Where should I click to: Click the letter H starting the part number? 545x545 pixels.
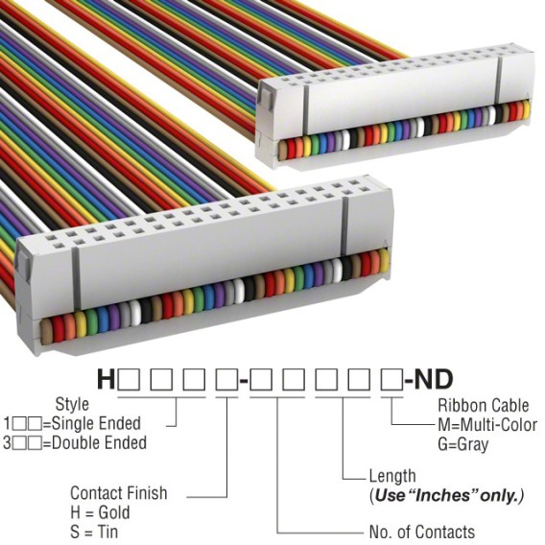(106, 380)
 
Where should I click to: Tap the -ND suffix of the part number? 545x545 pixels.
(429, 380)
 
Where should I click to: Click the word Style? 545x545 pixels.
(72, 404)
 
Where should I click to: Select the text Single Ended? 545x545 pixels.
(96, 424)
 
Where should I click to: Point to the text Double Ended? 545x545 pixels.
(99, 443)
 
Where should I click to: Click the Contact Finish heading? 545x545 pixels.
(119, 493)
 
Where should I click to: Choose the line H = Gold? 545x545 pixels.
(100, 512)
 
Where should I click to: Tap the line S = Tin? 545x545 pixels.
(94, 532)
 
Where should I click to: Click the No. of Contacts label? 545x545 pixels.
(421, 532)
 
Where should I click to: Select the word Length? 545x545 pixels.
(392, 476)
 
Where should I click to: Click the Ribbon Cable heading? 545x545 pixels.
(484, 405)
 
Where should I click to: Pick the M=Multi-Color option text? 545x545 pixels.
(487, 425)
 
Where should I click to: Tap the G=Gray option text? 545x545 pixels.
(463, 444)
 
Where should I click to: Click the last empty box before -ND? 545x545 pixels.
(392, 380)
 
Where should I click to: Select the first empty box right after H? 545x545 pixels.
(130, 380)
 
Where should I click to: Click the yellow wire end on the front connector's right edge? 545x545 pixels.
(384, 260)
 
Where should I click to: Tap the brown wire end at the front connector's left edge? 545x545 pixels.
(46, 332)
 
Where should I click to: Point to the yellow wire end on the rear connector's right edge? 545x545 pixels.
(526, 109)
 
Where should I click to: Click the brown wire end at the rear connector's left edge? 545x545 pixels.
(283, 150)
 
